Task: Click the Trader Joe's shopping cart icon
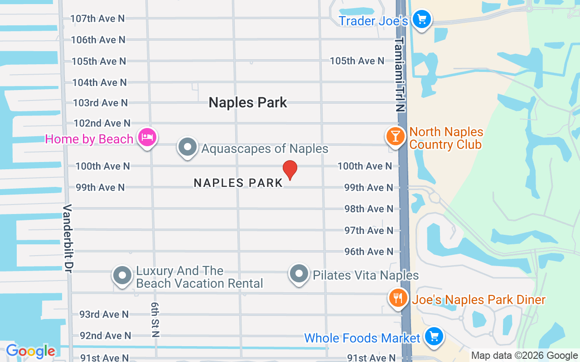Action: [422, 19]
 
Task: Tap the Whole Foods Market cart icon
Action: [434, 337]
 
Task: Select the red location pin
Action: [290, 170]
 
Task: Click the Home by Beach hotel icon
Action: [147, 137]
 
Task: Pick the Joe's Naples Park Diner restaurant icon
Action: [398, 298]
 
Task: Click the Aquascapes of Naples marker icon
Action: [188, 147]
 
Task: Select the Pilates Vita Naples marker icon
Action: [299, 274]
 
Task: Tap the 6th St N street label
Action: [155, 320]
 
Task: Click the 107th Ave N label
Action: [97, 19]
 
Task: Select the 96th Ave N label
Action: [369, 252]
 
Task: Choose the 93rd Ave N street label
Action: [104, 314]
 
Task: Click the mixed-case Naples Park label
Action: [248, 103]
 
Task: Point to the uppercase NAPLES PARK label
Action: [238, 183]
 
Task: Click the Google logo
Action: [30, 351]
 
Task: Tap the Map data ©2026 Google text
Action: [524, 356]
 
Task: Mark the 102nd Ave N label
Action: [102, 123]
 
